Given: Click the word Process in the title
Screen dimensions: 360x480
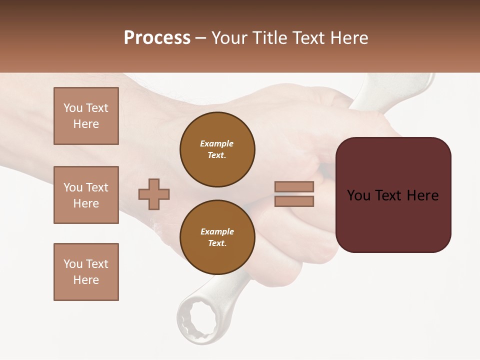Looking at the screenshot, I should coord(157,38).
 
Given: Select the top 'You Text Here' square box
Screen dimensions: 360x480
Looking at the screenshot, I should coord(86,116).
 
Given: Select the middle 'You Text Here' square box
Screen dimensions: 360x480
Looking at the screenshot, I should coord(86,195).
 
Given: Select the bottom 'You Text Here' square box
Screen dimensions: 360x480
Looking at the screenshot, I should coord(86,272).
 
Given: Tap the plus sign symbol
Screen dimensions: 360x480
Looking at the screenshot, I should coord(154,194).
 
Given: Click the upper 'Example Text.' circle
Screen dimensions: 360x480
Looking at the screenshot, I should coord(217,149).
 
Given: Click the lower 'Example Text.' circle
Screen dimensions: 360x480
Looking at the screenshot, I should coord(217,237).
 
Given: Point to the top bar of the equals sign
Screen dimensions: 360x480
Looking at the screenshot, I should coord(294,186).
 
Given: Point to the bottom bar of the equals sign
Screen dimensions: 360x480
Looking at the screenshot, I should coord(294,201).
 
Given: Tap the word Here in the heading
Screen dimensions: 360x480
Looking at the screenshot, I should coord(348,38).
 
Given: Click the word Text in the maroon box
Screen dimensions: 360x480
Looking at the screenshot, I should coord(393,195).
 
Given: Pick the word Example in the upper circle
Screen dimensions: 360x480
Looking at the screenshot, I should coord(217,143).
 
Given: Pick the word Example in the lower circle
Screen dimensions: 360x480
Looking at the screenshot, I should coord(217,231).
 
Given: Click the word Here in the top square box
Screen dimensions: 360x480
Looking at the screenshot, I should coord(86,124).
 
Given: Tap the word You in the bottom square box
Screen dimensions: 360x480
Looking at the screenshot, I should coord(72,264).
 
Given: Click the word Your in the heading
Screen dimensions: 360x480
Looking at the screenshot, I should coord(230,38).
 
